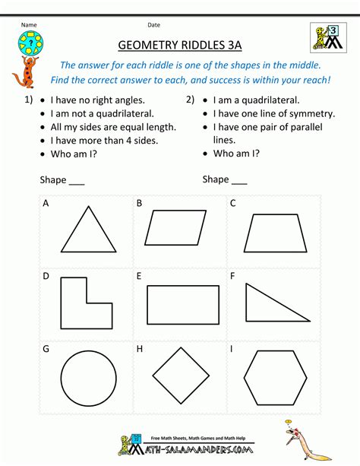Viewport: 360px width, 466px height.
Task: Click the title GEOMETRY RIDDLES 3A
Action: [x=180, y=45]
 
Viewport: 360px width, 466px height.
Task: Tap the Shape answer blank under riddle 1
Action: [x=76, y=181]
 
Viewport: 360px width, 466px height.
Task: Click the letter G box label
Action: [x=46, y=350]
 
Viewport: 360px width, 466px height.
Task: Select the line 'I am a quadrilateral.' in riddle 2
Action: [x=256, y=100]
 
